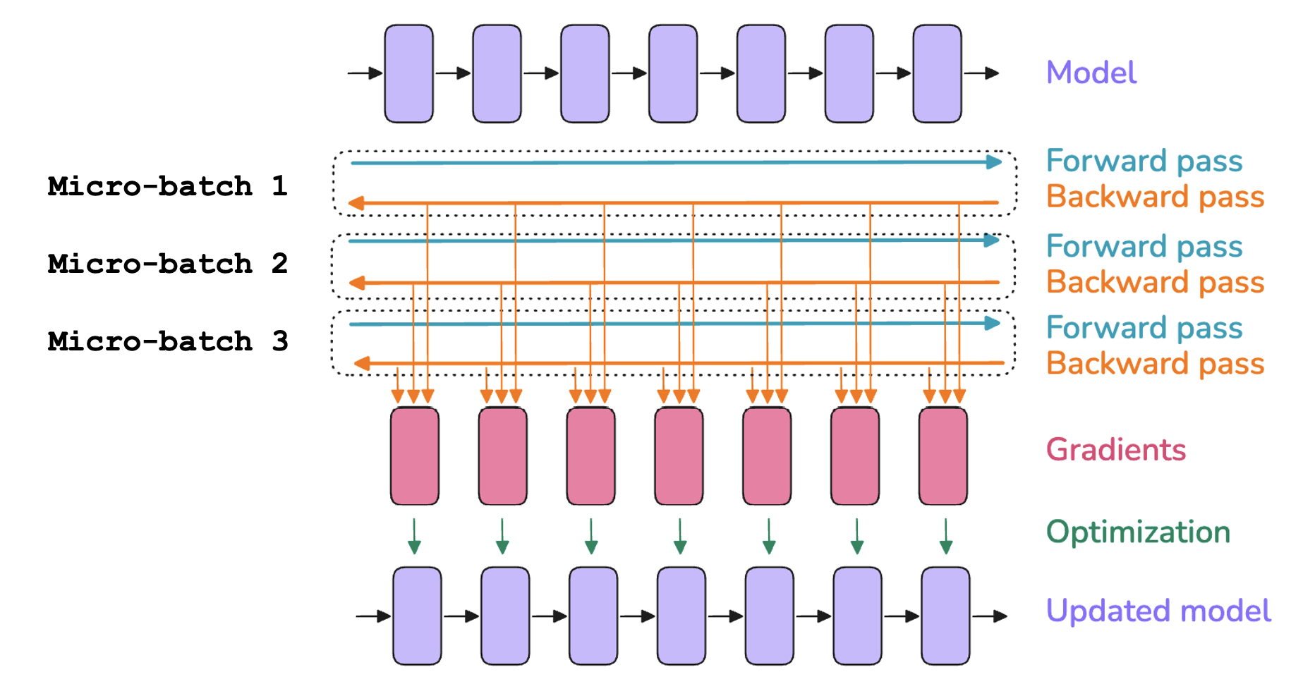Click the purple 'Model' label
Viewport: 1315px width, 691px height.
(x=1091, y=73)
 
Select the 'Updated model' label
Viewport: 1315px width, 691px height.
(x=1158, y=611)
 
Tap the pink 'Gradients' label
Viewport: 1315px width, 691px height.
(x=1115, y=450)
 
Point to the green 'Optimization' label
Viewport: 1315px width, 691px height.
(x=1138, y=532)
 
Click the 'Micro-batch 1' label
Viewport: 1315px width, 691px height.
(x=168, y=186)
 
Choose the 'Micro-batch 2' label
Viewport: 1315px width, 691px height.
(x=168, y=264)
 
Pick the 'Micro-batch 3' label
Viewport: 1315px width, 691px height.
(x=168, y=341)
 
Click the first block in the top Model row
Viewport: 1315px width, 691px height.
(x=408, y=73)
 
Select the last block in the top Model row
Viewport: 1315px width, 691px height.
(x=937, y=73)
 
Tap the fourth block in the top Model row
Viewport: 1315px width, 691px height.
(x=673, y=73)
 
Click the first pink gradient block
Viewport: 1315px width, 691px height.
(x=415, y=455)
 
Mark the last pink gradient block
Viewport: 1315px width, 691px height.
(x=943, y=455)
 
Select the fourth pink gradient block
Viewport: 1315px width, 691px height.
(x=679, y=455)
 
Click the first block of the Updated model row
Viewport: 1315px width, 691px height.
(x=417, y=616)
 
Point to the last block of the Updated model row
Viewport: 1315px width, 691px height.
(x=945, y=616)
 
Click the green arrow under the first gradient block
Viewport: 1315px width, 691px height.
(x=414, y=537)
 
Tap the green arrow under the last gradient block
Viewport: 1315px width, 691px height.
(x=946, y=537)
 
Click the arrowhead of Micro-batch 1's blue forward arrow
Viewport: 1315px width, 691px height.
(x=994, y=162)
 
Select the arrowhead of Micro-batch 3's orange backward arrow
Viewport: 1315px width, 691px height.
(x=362, y=364)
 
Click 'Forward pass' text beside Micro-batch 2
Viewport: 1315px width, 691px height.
(x=1144, y=247)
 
